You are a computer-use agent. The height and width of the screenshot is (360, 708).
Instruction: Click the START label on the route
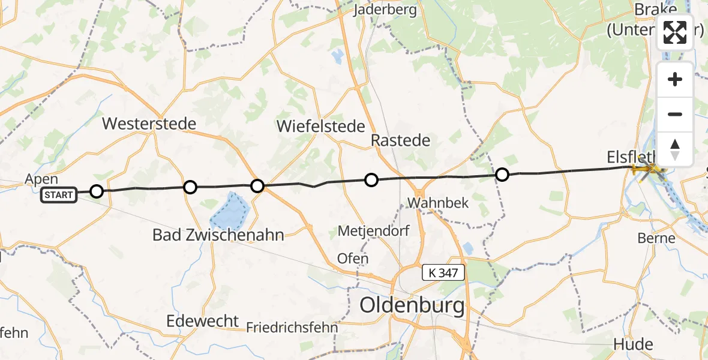pyautogui.click(x=59, y=195)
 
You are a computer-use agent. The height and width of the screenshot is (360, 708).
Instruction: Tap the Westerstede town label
pyautogui.click(x=149, y=124)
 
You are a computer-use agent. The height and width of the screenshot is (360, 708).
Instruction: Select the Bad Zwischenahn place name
pyautogui.click(x=218, y=235)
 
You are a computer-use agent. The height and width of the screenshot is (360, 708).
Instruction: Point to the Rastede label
pyautogui.click(x=401, y=140)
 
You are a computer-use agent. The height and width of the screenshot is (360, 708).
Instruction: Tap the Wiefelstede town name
pyautogui.click(x=321, y=126)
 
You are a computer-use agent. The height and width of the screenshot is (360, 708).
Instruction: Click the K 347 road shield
pyautogui.click(x=443, y=273)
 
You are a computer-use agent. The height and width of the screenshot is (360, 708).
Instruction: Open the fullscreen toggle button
pyautogui.click(x=675, y=32)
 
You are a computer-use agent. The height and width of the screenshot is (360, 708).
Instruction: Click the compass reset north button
pyautogui.click(x=675, y=149)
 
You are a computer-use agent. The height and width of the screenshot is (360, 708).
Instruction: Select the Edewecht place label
pyautogui.click(x=203, y=320)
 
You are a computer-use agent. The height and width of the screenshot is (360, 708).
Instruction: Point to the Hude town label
pyautogui.click(x=633, y=344)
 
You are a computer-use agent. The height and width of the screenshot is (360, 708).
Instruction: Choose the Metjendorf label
pyautogui.click(x=369, y=230)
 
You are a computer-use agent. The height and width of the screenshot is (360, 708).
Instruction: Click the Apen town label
pyautogui.click(x=41, y=179)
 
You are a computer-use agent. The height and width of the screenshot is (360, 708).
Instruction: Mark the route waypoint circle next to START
pyautogui.click(x=97, y=191)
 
